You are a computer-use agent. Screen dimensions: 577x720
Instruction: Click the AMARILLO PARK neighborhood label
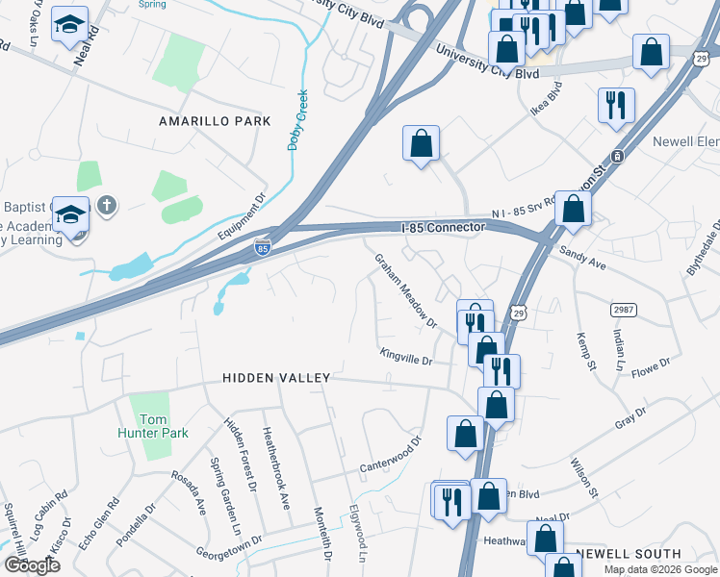[x=215, y=121]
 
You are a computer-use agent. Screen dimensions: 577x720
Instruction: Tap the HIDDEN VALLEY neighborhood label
[x=276, y=378]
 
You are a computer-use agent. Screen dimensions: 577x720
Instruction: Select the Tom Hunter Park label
[x=154, y=426]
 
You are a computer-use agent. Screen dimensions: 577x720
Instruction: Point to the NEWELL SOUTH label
[x=628, y=554]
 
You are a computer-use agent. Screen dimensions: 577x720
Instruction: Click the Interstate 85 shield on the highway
[x=263, y=248]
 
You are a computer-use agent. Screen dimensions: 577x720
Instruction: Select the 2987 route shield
[x=622, y=309]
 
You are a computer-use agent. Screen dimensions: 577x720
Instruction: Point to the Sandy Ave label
[x=581, y=256]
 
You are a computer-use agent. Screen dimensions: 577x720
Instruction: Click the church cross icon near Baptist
[x=107, y=205]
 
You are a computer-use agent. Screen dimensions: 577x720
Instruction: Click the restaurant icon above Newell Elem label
[x=616, y=104]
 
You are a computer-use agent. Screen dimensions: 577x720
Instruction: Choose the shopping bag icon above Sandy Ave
[x=573, y=208]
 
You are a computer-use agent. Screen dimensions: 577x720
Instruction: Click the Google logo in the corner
[x=32, y=564]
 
